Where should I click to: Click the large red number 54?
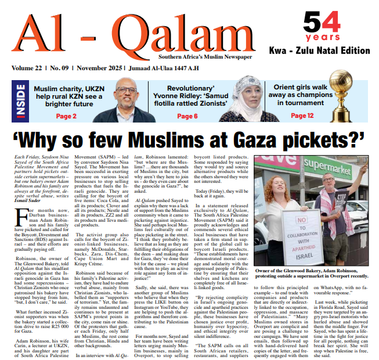click(322, 23)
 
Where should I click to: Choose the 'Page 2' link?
click(67, 116)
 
